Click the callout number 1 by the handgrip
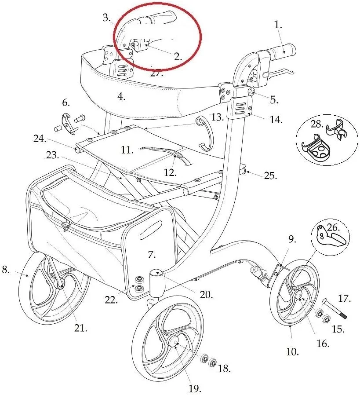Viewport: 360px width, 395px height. [x=278, y=25]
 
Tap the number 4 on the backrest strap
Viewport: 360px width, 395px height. [x=121, y=96]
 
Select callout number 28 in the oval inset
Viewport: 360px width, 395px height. [x=316, y=124]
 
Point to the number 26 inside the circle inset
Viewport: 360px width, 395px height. [x=334, y=227]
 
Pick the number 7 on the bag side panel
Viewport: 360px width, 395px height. [x=152, y=254]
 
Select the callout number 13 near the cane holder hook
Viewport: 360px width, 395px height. [x=217, y=117]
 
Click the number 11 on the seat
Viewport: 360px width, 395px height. [x=127, y=150]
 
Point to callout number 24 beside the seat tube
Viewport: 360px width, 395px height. [x=40, y=139]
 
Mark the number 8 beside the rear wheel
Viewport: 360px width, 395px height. [x=6, y=269]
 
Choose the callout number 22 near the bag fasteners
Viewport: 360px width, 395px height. [x=111, y=300]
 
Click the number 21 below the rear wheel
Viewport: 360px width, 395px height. [x=80, y=328]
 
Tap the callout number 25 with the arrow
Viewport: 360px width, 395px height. [x=270, y=176]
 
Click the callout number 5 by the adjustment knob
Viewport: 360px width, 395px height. [x=274, y=100]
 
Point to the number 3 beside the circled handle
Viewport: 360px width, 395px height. [x=107, y=18]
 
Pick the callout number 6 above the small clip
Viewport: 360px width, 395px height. [x=66, y=102]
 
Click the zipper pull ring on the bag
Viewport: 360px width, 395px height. [x=66, y=226]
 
